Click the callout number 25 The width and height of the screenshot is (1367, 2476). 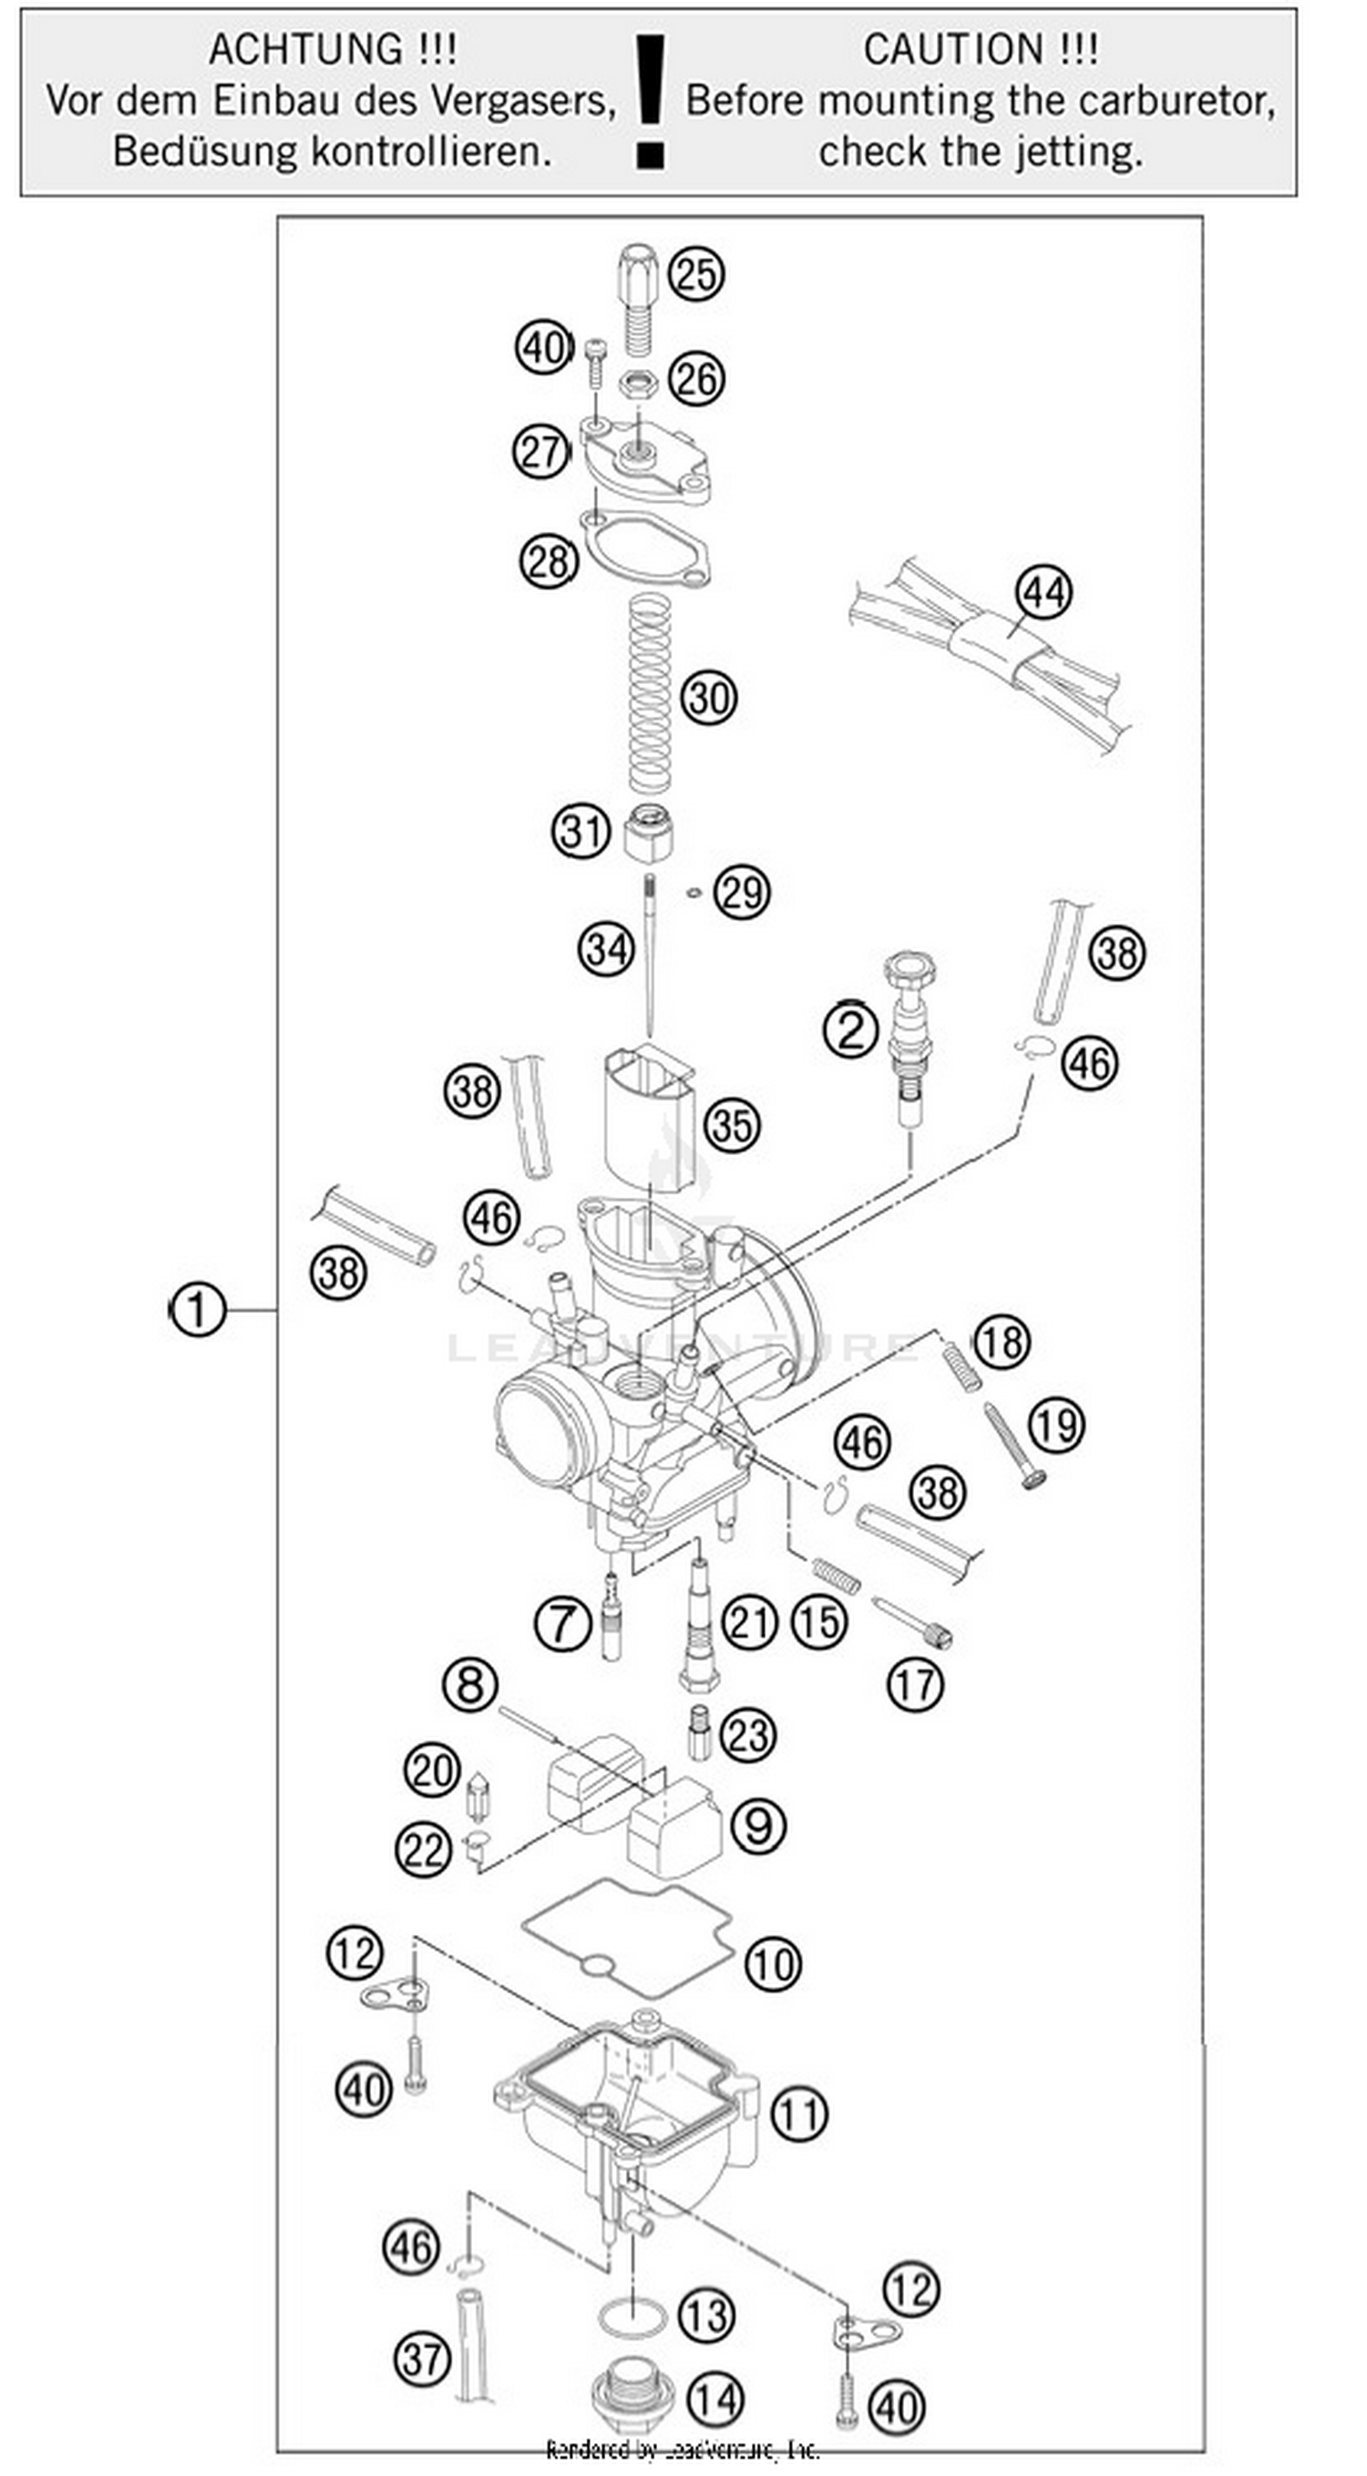tap(696, 274)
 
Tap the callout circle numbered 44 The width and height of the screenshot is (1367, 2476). tap(1043, 592)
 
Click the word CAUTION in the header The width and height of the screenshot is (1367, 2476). tap(951, 50)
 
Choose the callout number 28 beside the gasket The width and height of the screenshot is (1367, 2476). tap(549, 561)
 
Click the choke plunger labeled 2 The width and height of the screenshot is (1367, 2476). tap(910, 1038)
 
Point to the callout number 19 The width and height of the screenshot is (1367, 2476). tap(1056, 1426)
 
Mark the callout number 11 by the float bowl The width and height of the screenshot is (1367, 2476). tap(799, 2115)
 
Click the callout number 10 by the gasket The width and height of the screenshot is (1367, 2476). tap(772, 1964)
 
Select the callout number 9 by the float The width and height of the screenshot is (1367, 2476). tap(757, 1825)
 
